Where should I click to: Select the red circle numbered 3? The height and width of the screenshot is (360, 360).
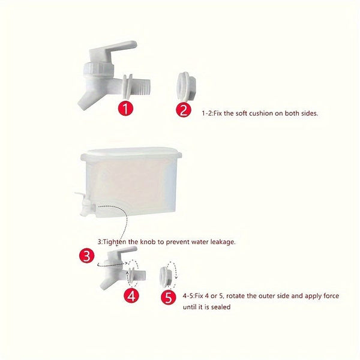(86, 257)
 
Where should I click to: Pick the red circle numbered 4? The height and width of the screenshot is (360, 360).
(133, 295)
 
